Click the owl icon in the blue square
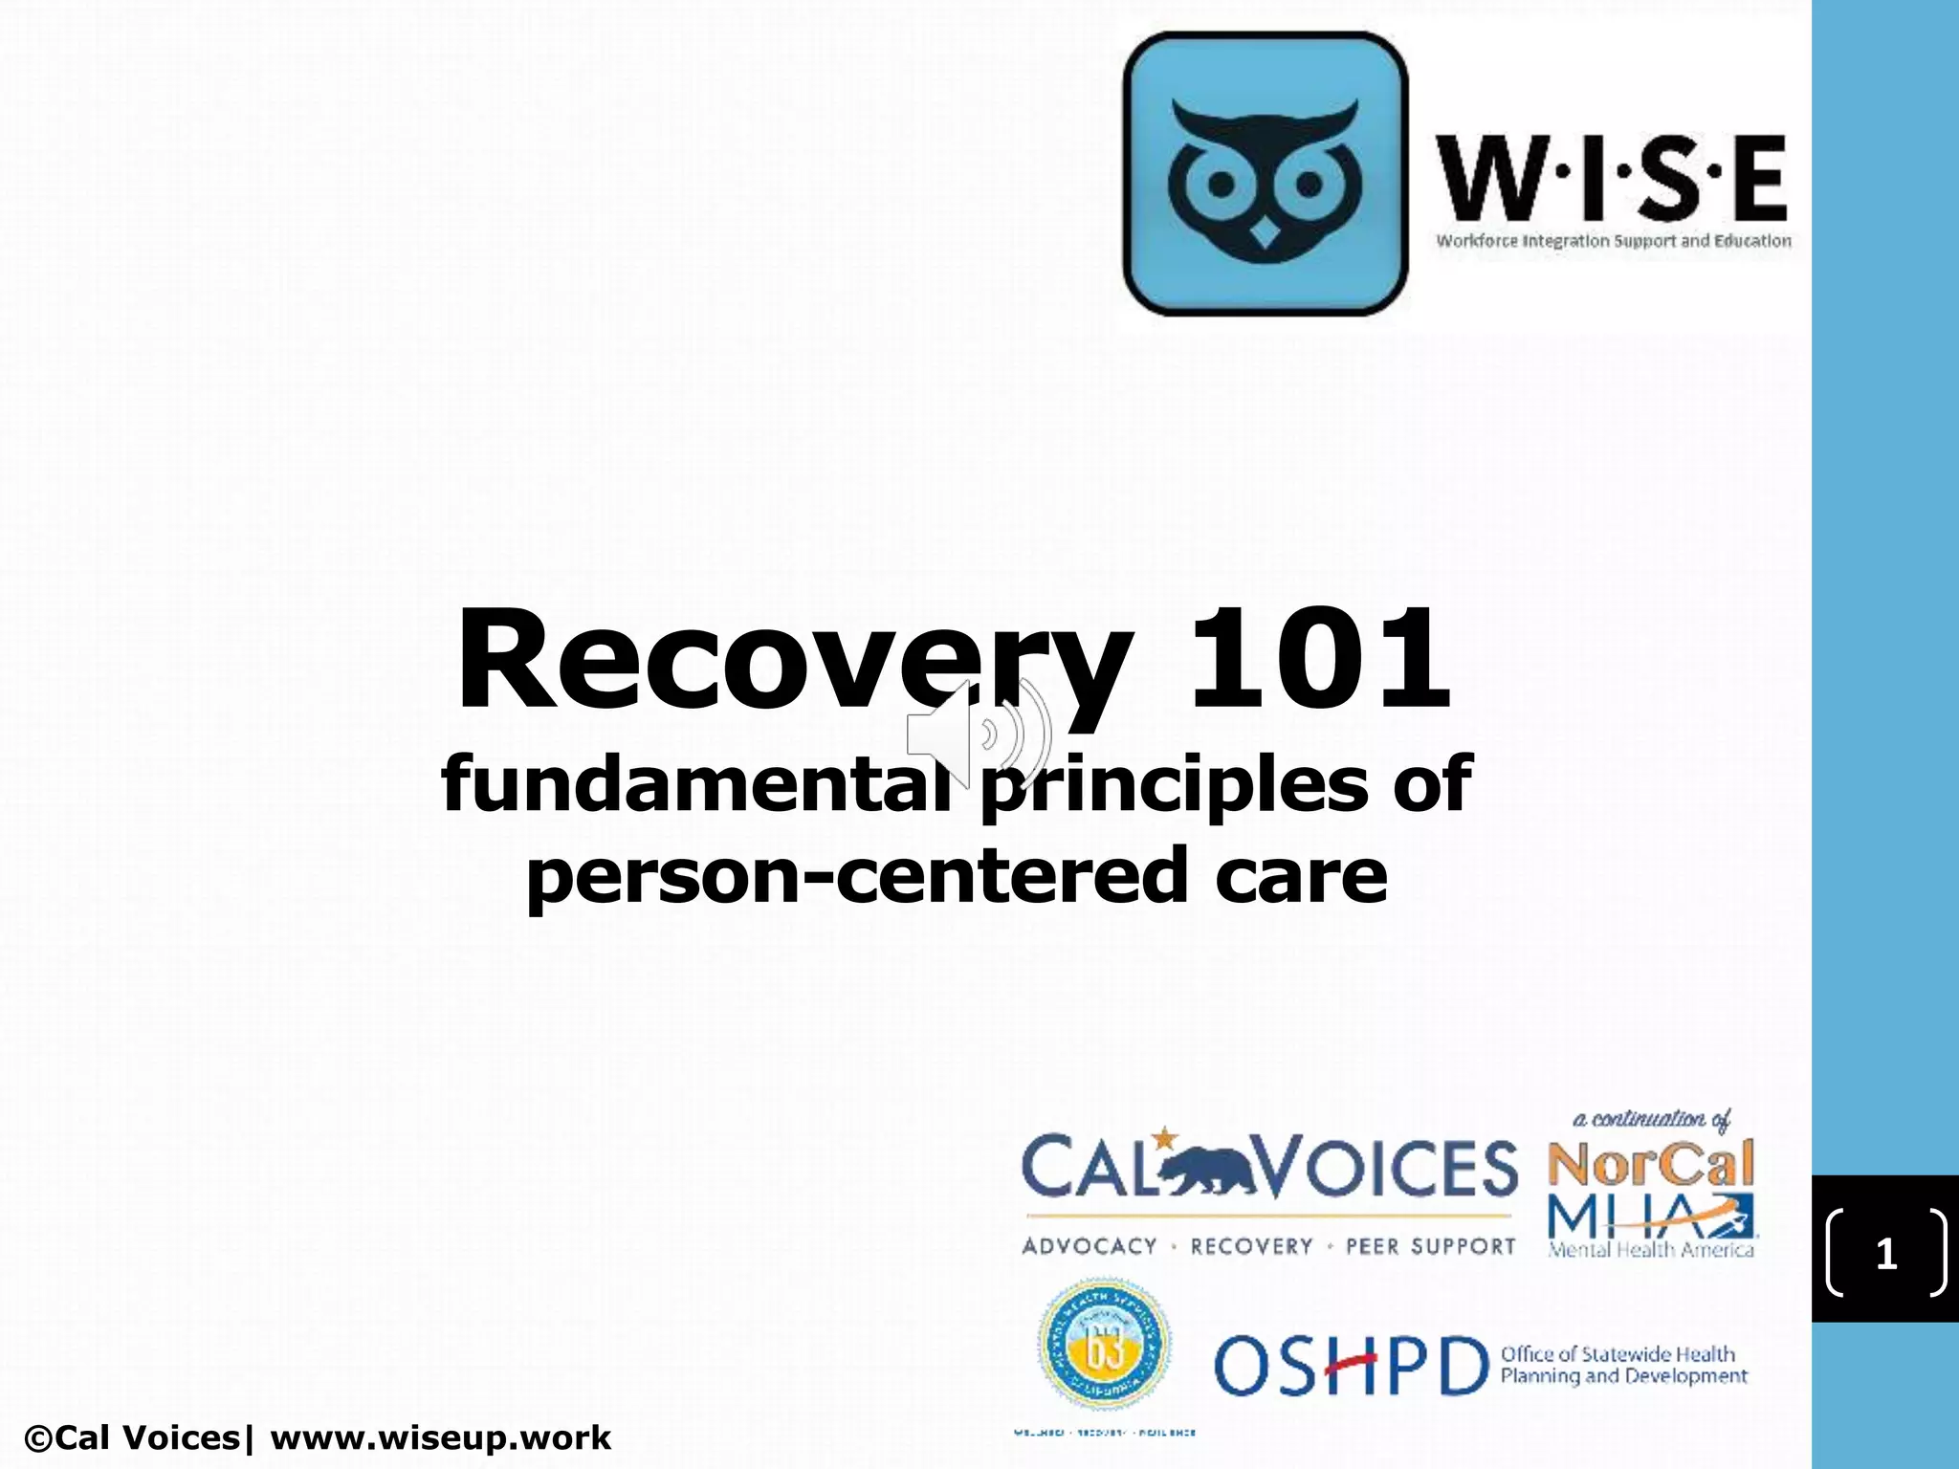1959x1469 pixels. [1265, 175]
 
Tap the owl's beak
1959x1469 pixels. [1265, 233]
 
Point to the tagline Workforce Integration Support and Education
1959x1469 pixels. [1613, 241]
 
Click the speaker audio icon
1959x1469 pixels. [978, 734]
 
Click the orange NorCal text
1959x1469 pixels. [1651, 1163]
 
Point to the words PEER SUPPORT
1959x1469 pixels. [1430, 1246]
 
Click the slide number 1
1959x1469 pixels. [1885, 1253]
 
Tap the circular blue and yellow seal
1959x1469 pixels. [1104, 1345]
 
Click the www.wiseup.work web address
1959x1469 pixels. [440, 1437]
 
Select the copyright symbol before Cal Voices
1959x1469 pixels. [39, 1438]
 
